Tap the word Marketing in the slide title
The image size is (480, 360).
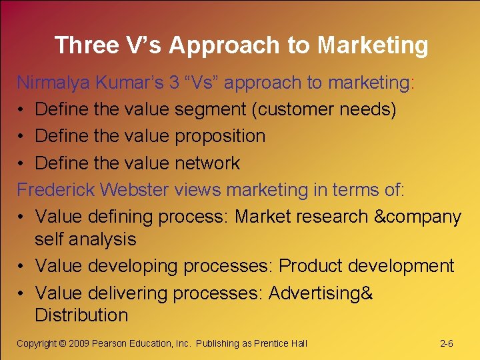click(x=373, y=45)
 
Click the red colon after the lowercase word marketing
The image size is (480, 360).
click(x=413, y=83)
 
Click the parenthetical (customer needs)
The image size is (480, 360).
click(x=324, y=109)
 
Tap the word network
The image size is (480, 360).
click(x=207, y=163)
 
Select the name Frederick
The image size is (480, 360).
click(x=56, y=189)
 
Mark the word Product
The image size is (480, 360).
click(x=307, y=265)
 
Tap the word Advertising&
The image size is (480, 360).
click(x=321, y=293)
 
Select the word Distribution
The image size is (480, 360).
click(x=81, y=315)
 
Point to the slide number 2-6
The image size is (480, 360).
click(x=447, y=343)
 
